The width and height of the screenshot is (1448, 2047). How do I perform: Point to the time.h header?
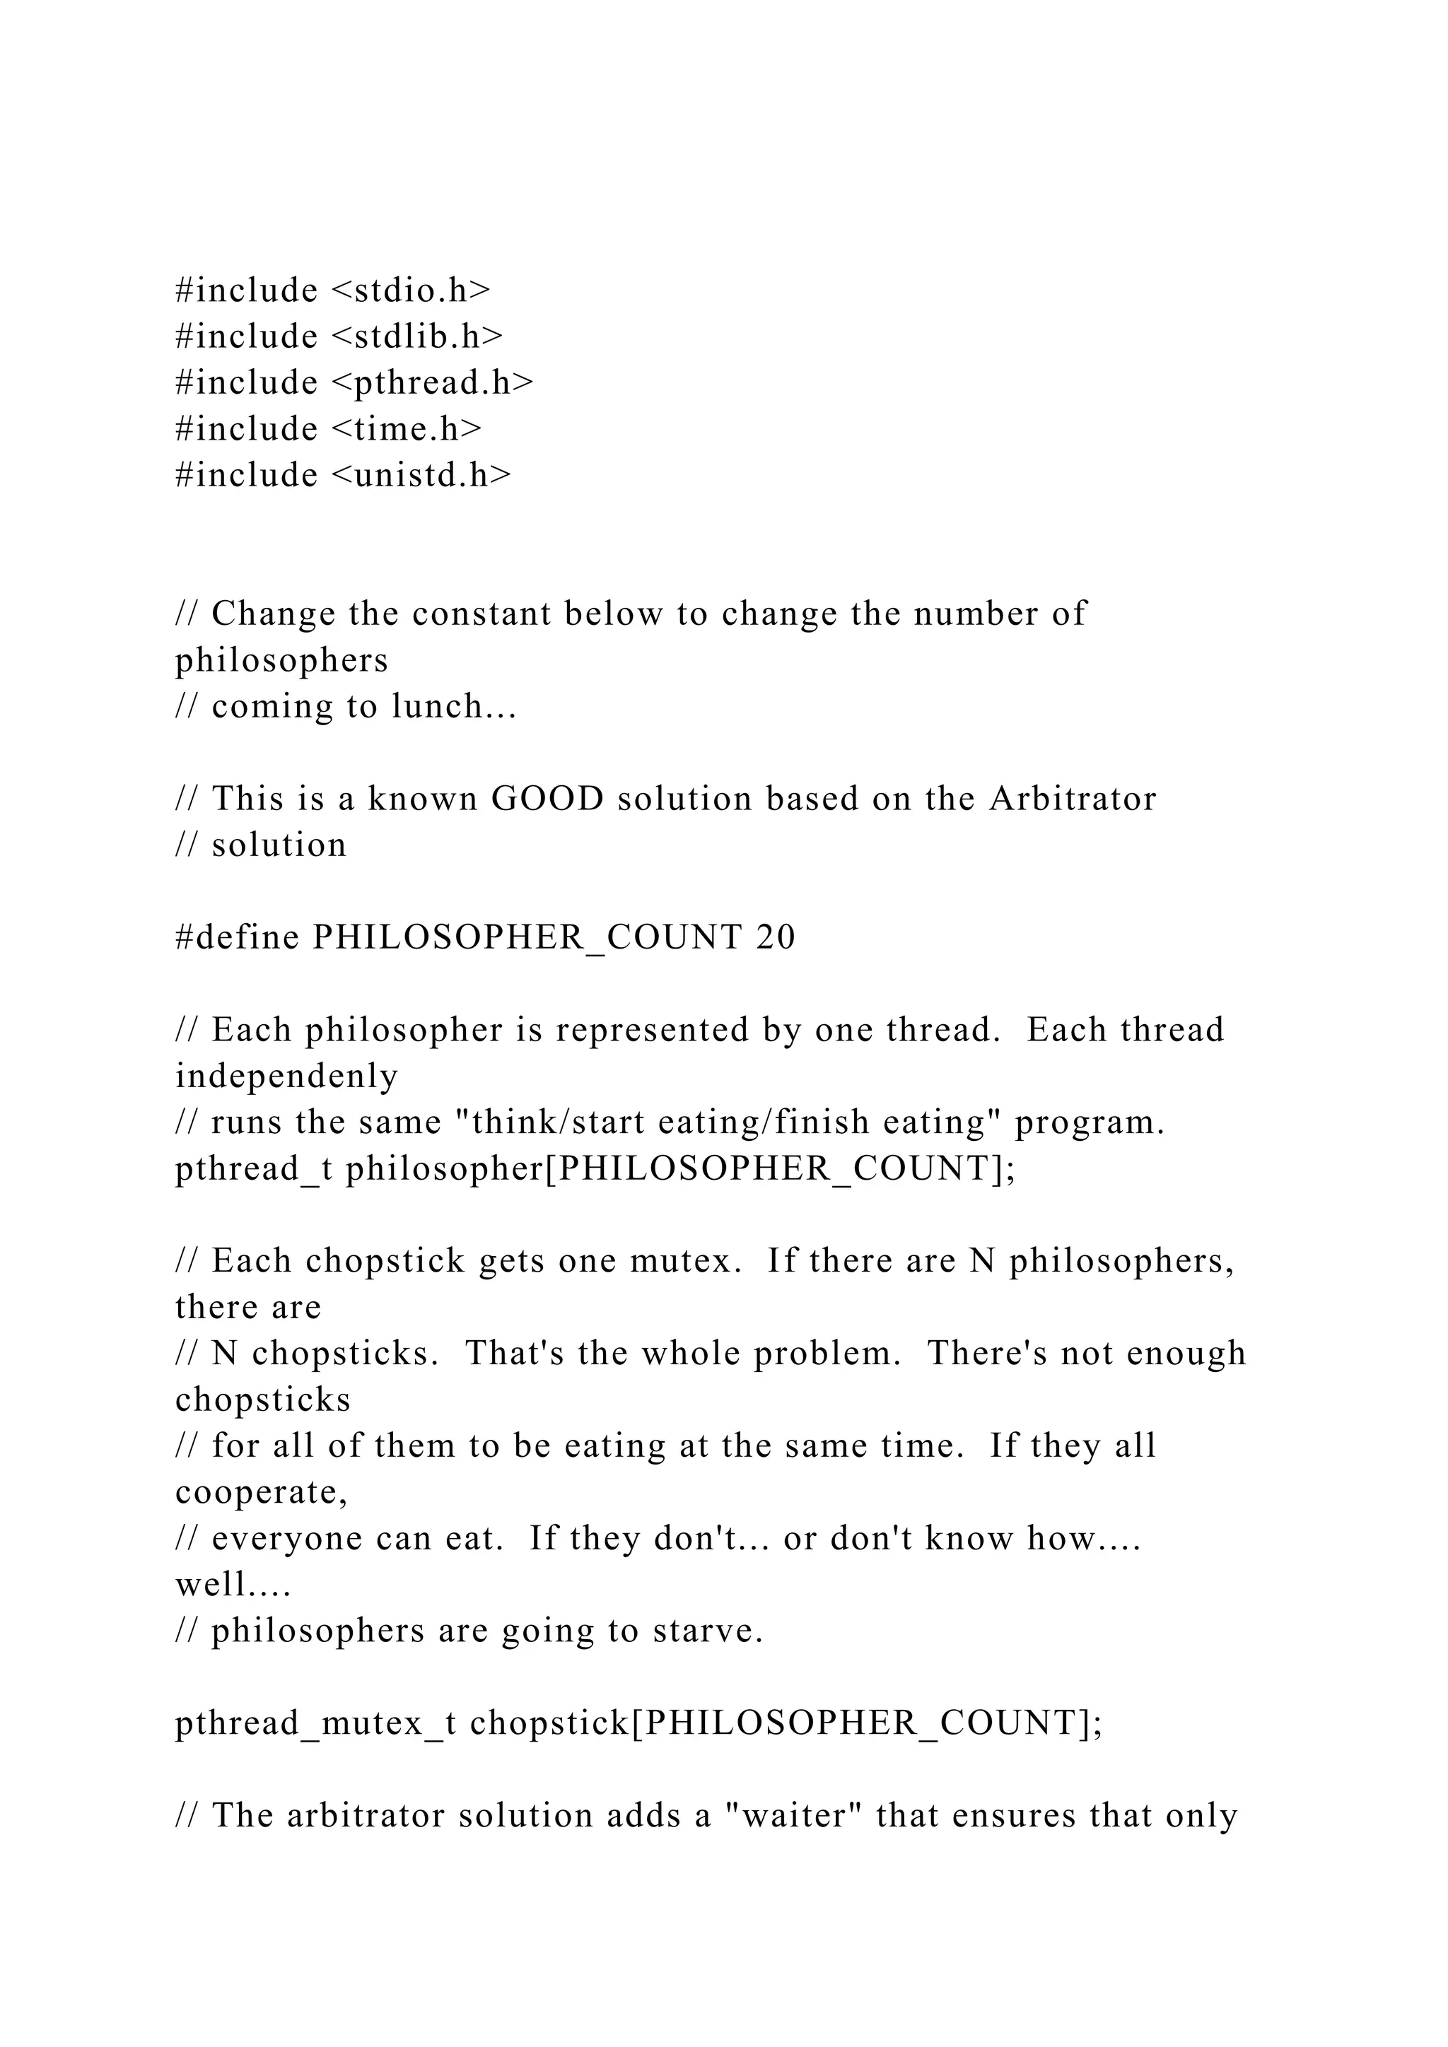click(x=407, y=430)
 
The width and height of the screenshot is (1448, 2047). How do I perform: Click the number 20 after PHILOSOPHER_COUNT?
click(x=775, y=938)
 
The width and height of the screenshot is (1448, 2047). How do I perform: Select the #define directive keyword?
click(x=237, y=938)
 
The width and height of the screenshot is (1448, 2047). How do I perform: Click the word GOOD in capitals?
click(x=547, y=799)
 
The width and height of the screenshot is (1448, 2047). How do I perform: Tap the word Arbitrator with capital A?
click(x=1073, y=799)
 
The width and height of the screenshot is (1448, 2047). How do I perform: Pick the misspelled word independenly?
click(x=286, y=1077)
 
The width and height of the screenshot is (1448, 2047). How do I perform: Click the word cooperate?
click(x=259, y=1492)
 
